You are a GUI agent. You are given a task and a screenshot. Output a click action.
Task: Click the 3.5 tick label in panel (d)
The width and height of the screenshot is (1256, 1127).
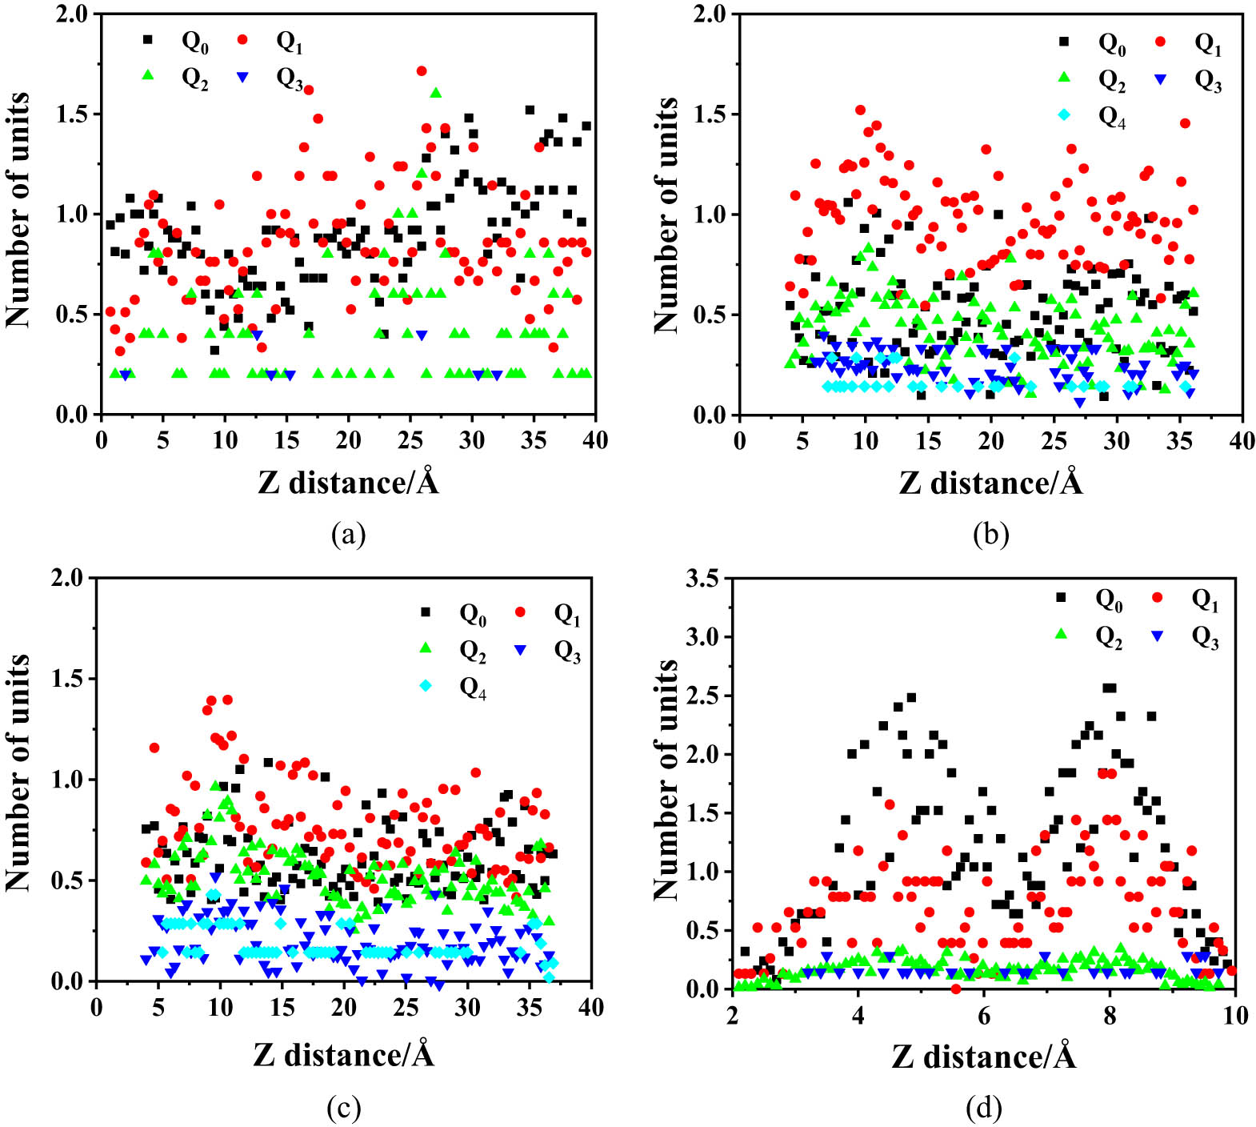pyautogui.click(x=703, y=578)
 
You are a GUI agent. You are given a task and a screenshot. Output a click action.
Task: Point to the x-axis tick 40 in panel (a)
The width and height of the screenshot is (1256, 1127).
pyautogui.click(x=594, y=439)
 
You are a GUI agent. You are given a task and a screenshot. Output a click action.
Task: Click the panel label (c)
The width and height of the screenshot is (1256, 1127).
pyautogui.click(x=344, y=1109)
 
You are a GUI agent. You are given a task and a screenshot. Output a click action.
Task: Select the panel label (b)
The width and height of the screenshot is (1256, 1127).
pyautogui.click(x=990, y=534)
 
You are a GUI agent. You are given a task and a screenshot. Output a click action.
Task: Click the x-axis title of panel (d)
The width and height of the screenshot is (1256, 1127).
pyautogui.click(x=983, y=1057)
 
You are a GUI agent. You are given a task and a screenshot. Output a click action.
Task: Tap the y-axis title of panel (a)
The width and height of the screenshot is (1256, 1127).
pyautogui.click(x=18, y=210)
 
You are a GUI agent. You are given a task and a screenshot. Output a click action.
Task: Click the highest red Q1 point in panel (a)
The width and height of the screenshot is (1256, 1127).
pyautogui.click(x=422, y=71)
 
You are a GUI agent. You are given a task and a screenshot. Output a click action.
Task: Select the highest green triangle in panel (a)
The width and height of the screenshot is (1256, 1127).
pyautogui.click(x=436, y=93)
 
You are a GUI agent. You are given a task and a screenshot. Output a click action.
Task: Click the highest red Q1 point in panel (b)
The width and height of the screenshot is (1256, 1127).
pyautogui.click(x=860, y=110)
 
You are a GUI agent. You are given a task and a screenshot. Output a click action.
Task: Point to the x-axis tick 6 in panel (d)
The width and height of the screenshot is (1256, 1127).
pyautogui.click(x=983, y=1015)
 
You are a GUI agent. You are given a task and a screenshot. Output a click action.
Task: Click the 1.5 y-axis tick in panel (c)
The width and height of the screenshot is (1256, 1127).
pyautogui.click(x=68, y=679)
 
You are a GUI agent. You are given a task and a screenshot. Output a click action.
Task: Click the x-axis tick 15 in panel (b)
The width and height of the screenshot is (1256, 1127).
pyautogui.click(x=928, y=440)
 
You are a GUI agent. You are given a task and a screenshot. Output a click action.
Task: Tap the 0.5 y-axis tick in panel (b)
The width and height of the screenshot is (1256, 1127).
pyautogui.click(x=710, y=315)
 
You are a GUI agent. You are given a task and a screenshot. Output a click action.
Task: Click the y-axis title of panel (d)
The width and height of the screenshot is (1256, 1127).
pyautogui.click(x=666, y=780)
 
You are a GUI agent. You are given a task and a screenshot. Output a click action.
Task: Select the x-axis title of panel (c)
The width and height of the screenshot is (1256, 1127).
pyautogui.click(x=344, y=1055)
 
